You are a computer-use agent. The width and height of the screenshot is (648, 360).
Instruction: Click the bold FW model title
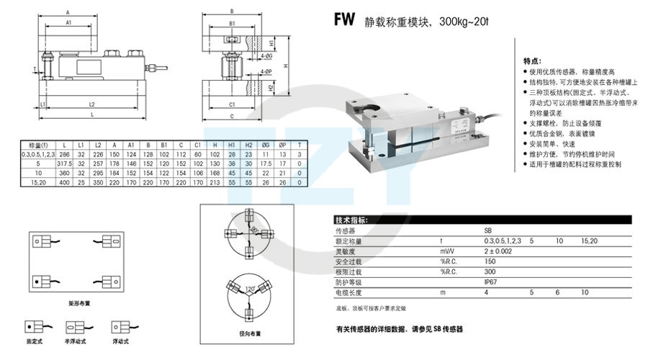(344, 20)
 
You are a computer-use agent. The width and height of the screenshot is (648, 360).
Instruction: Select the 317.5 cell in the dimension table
(66, 163)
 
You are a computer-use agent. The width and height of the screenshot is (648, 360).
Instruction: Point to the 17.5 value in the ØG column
(266, 163)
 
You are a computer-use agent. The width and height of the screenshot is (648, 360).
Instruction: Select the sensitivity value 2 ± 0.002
(499, 252)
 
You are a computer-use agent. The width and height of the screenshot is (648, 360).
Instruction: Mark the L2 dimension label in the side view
(92, 104)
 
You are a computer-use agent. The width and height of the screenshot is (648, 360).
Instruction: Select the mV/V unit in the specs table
(449, 252)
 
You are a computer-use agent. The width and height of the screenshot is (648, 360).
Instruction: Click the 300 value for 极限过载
(490, 273)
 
